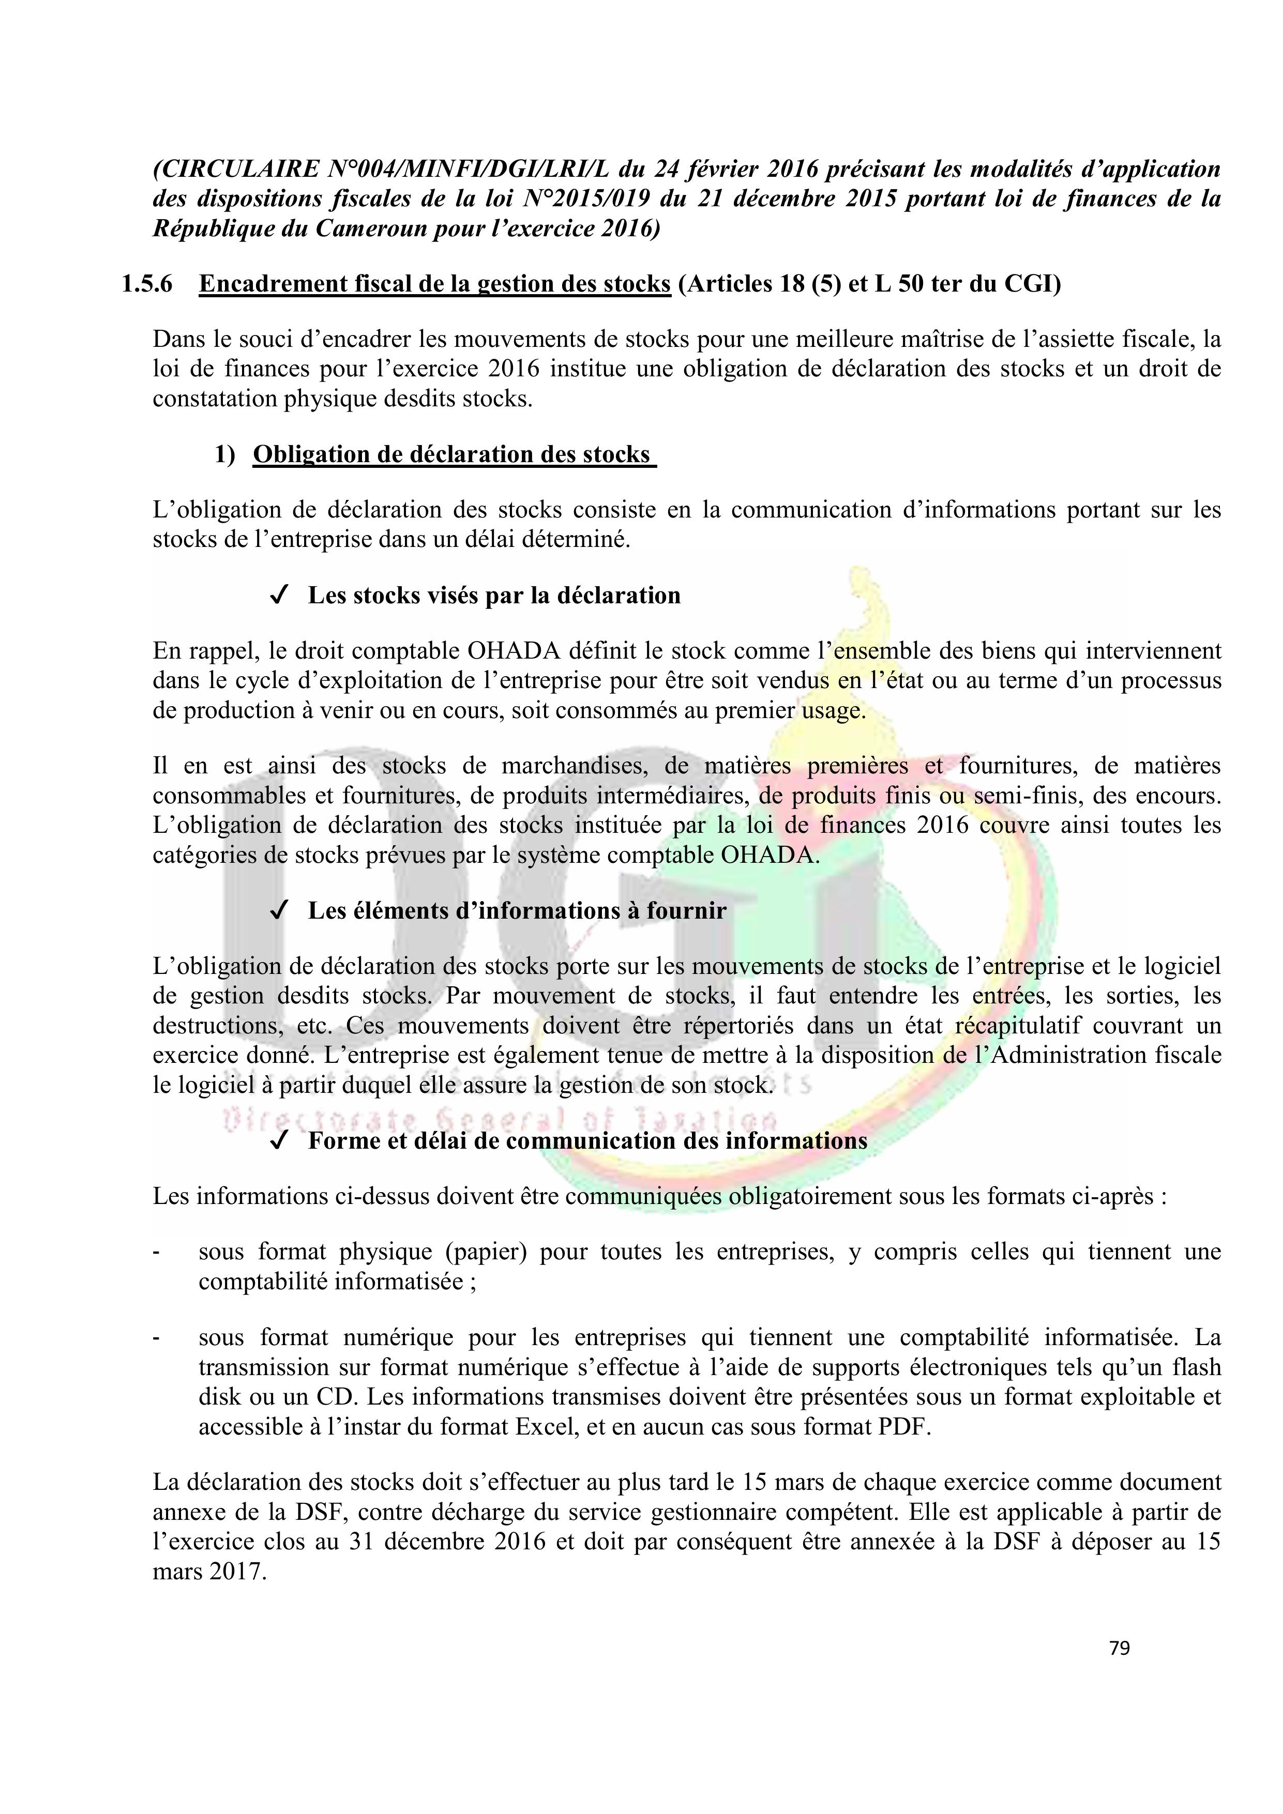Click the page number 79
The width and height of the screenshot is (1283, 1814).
pyautogui.click(x=1120, y=1648)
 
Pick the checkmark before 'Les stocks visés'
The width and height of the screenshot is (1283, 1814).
pyautogui.click(x=278, y=596)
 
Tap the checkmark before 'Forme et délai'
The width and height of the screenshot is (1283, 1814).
pyautogui.click(x=278, y=1141)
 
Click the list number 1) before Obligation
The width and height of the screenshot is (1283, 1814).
pyautogui.click(x=225, y=455)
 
